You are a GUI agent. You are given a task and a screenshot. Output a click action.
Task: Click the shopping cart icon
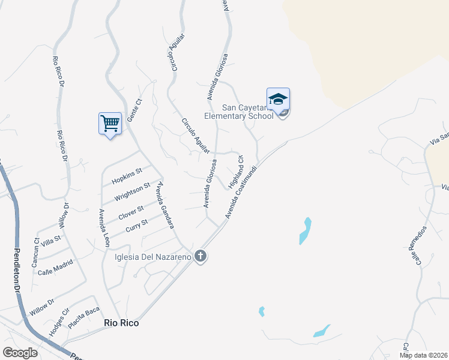coord(110,124)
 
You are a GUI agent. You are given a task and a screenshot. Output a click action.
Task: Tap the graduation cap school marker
coord(278,99)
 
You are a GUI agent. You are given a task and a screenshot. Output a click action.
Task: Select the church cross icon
coord(200,257)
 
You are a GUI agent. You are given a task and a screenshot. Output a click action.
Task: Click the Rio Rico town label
coord(121,323)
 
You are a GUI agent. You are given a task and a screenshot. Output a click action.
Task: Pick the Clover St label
coord(131,212)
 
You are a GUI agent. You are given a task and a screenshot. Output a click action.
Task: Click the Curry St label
coord(137,227)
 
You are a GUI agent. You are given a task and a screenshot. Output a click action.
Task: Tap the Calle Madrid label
coord(55,267)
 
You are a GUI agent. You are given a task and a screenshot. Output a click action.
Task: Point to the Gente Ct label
coord(137,110)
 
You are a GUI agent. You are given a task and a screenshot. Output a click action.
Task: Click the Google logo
coord(20,353)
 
